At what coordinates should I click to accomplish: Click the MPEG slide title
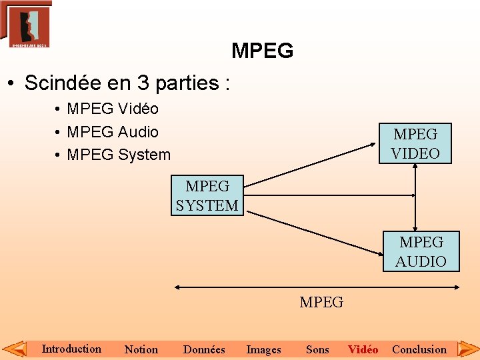[x=262, y=51]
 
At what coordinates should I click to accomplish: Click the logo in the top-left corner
[x=26, y=24]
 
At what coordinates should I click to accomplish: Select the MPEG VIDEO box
[x=415, y=143]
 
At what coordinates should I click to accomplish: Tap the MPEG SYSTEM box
[x=207, y=195]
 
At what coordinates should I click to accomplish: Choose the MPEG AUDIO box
[x=421, y=251]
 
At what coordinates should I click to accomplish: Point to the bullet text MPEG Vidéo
[x=113, y=109]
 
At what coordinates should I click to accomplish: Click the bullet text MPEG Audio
[x=113, y=132]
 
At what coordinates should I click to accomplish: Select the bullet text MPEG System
[x=119, y=155]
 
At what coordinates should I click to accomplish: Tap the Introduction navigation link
[x=71, y=349]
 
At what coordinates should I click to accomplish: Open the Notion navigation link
[x=141, y=349]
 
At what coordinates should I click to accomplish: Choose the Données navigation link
[x=204, y=349]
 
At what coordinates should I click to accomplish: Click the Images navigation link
[x=263, y=349]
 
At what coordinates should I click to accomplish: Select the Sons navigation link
[x=317, y=349]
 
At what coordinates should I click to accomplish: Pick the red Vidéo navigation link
[x=363, y=349]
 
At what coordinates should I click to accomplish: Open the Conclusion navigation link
[x=419, y=349]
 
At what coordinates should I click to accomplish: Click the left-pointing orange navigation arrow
[x=15, y=348]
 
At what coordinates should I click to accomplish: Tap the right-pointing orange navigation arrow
[x=467, y=348]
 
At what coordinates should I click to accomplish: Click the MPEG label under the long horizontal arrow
[x=321, y=303]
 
